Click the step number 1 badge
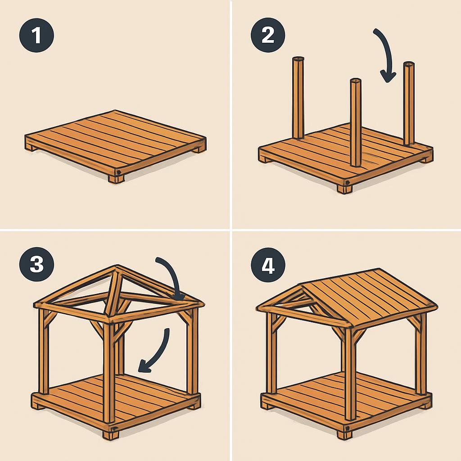[36, 35]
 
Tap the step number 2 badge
[268, 35]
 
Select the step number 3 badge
[36, 264]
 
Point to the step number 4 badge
[268, 265]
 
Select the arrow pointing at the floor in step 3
[160, 353]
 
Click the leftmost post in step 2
[298, 98]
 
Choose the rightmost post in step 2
[409, 104]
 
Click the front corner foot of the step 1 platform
[116, 179]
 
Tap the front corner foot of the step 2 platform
[344, 189]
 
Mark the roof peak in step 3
[117, 267]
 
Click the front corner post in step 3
[109, 371]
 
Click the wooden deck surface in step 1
[115, 140]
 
